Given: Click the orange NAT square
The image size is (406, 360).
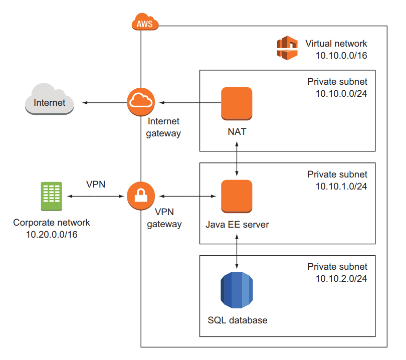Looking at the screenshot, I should [x=237, y=103].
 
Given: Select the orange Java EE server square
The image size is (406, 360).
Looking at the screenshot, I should [x=237, y=196].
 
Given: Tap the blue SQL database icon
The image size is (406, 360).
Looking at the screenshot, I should [x=237, y=290].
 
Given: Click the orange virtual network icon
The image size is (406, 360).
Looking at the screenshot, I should [x=288, y=48].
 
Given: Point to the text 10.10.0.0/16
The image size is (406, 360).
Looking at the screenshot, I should [x=341, y=55].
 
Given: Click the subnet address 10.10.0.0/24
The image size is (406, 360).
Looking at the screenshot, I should [x=341, y=93].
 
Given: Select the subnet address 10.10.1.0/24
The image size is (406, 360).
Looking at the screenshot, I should [x=341, y=186].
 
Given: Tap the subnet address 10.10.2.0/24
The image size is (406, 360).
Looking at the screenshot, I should [x=341, y=279].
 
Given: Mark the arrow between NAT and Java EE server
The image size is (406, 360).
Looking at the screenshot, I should [x=237, y=158].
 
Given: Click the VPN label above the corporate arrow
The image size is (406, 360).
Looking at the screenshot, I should [x=95, y=184].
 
